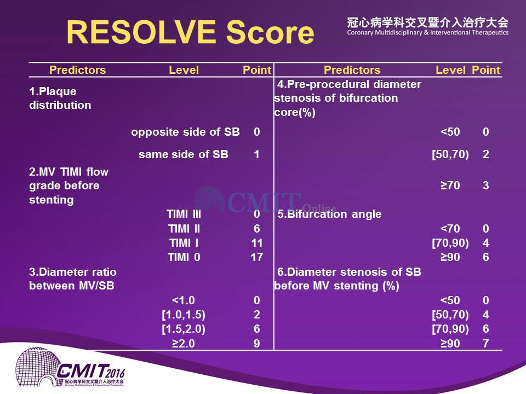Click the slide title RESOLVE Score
click(190, 32)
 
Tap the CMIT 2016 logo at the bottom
click(71, 368)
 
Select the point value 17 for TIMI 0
click(256, 257)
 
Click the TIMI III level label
click(184, 214)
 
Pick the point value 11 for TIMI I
click(256, 243)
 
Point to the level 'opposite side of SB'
click(185, 132)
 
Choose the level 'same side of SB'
click(184, 154)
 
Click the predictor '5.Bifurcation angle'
click(329, 214)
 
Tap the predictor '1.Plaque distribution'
click(60, 98)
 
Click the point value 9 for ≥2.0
click(257, 344)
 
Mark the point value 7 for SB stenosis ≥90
click(486, 344)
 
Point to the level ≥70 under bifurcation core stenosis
click(450, 186)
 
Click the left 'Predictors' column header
click(77, 70)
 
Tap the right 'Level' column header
click(450, 70)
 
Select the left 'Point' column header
click(256, 70)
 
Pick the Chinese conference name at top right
click(428, 23)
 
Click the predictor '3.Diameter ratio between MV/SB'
click(73, 279)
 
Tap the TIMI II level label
click(184, 229)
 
